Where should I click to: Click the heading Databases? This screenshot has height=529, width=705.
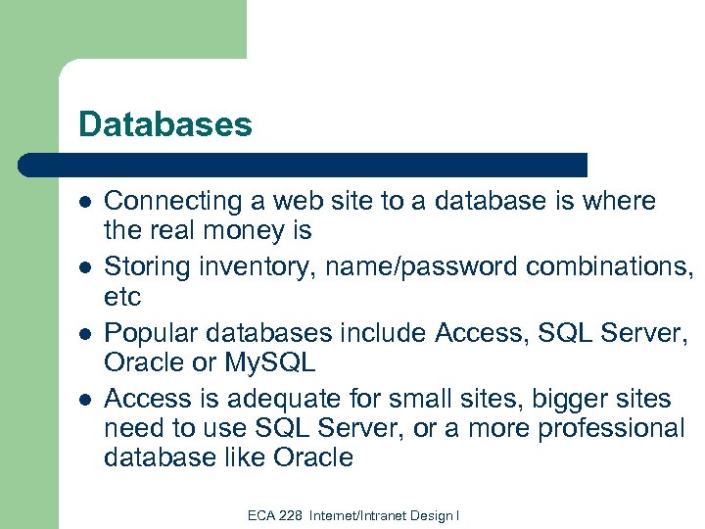point(165,124)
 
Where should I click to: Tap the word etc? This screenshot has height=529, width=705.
point(122,295)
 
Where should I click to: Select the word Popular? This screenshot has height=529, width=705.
point(147,332)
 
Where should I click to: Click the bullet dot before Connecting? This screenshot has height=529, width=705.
point(85,202)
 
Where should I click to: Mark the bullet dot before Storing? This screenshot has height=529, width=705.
point(85,266)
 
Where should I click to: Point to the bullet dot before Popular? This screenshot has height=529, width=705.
point(85,333)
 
